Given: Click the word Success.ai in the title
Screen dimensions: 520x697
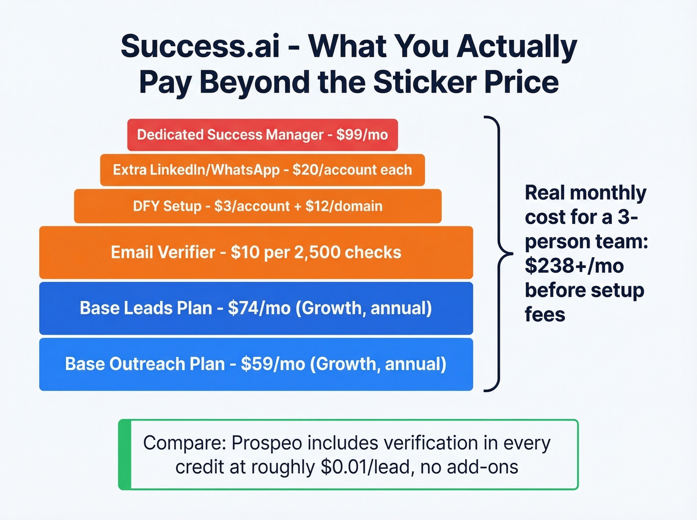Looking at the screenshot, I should [200, 46].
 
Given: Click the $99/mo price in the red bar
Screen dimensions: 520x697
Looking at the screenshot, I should [362, 135].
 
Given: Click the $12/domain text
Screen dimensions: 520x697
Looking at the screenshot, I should [344, 206].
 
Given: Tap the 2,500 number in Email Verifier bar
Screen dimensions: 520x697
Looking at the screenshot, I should [317, 252].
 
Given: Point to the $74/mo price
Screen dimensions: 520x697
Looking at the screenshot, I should [259, 308].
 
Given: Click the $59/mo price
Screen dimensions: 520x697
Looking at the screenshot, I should [273, 364].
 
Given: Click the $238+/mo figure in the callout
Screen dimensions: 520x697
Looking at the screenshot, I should [574, 266].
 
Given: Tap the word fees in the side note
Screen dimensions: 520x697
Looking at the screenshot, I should [545, 314].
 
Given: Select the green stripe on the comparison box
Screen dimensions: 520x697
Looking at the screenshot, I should [124, 455].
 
